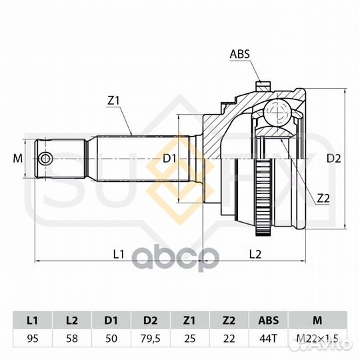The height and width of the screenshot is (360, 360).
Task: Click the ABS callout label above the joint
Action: [240, 54]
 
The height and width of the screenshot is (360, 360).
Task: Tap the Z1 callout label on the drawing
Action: [113, 101]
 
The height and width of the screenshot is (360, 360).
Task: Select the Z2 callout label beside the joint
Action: [323, 199]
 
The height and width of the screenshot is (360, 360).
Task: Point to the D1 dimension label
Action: [169, 159]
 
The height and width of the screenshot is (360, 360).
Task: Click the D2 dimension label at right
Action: [334, 159]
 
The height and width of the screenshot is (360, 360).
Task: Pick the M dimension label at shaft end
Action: [18, 159]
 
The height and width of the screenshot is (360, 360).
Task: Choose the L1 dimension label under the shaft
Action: [119, 254]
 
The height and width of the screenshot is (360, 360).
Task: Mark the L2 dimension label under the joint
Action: [255, 254]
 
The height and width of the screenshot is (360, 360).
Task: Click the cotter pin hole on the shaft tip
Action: [45, 159]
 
